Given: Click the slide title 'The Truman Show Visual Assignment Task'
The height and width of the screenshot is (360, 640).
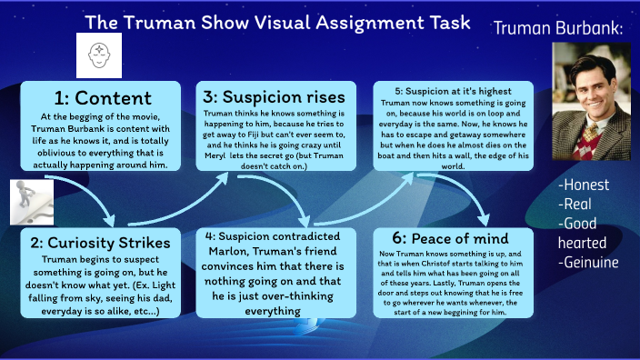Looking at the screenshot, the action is pyautogui.click(x=278, y=23).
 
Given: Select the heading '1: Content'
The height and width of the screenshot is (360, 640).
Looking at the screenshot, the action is pyautogui.click(x=102, y=97).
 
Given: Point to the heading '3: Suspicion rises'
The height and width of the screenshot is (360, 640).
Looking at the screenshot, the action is pyautogui.click(x=271, y=96).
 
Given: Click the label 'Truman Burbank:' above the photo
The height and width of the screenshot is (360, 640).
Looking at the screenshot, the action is pyautogui.click(x=559, y=29).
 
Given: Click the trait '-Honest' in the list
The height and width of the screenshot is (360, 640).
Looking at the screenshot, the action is pyautogui.click(x=584, y=185).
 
